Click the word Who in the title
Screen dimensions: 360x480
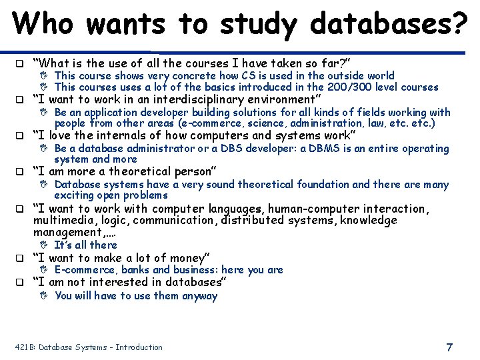pyautogui.click(x=46, y=24)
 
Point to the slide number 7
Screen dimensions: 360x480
pyautogui.click(x=449, y=347)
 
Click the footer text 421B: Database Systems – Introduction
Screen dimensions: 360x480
pyautogui.click(x=88, y=347)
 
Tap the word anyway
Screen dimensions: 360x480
pyautogui.click(x=199, y=296)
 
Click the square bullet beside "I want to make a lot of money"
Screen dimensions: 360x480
pyautogui.click(x=20, y=258)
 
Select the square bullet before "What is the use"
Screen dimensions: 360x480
pyautogui.click(x=20, y=64)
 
